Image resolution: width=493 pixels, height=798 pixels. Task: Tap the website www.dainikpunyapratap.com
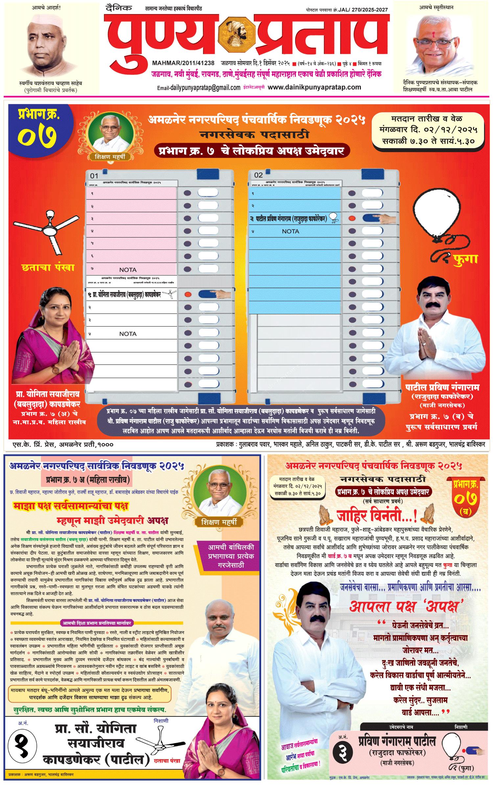tap(314, 87)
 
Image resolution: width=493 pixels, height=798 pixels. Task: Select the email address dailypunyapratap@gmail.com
tap(199, 88)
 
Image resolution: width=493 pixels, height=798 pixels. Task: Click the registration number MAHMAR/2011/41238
tap(183, 63)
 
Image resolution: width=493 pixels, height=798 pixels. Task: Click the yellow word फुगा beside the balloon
tap(465, 259)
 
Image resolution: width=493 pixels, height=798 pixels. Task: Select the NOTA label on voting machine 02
tap(291, 231)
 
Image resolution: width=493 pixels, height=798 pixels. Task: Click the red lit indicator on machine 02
tap(352, 218)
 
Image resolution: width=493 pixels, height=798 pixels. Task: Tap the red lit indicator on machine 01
tap(188, 294)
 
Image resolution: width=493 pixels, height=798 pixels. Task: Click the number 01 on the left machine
tap(94, 176)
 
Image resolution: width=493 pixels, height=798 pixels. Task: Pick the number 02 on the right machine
tap(258, 175)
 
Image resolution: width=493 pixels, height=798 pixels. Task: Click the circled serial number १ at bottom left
tap(22, 746)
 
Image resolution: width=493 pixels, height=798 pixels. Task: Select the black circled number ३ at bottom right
tap(342, 752)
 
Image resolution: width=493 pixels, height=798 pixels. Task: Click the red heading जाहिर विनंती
tap(377, 515)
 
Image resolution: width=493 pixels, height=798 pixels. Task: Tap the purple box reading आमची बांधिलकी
tap(231, 556)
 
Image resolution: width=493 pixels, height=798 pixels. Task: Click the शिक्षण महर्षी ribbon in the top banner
tap(110, 157)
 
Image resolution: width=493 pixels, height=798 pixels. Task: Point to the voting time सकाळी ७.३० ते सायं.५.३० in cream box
tap(428, 141)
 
